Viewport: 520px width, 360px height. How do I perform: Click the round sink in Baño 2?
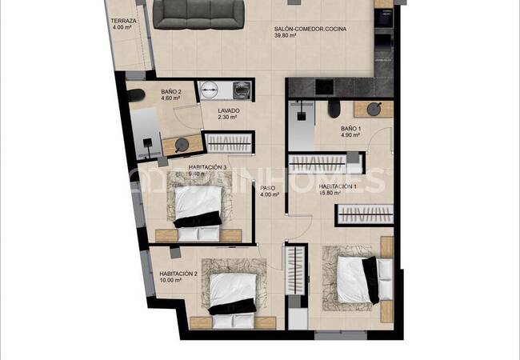(183, 145)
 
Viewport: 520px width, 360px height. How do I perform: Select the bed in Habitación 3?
(197, 208)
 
